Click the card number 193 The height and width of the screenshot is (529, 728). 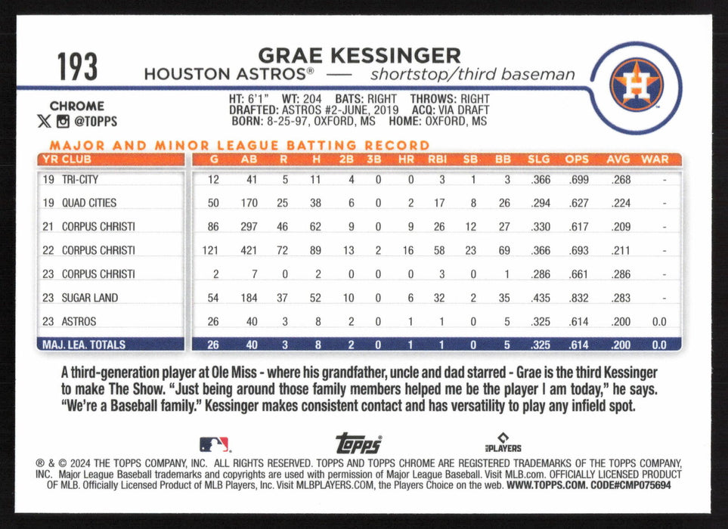click(77, 67)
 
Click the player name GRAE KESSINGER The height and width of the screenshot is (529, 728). click(358, 55)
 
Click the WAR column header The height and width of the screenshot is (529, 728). click(654, 159)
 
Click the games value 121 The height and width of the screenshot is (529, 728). click(212, 250)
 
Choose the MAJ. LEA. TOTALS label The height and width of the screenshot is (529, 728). click(83, 345)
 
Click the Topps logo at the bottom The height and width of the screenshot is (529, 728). click(358, 444)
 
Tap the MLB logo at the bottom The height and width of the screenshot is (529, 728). click(215, 444)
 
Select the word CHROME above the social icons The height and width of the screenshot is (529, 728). click(76, 106)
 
